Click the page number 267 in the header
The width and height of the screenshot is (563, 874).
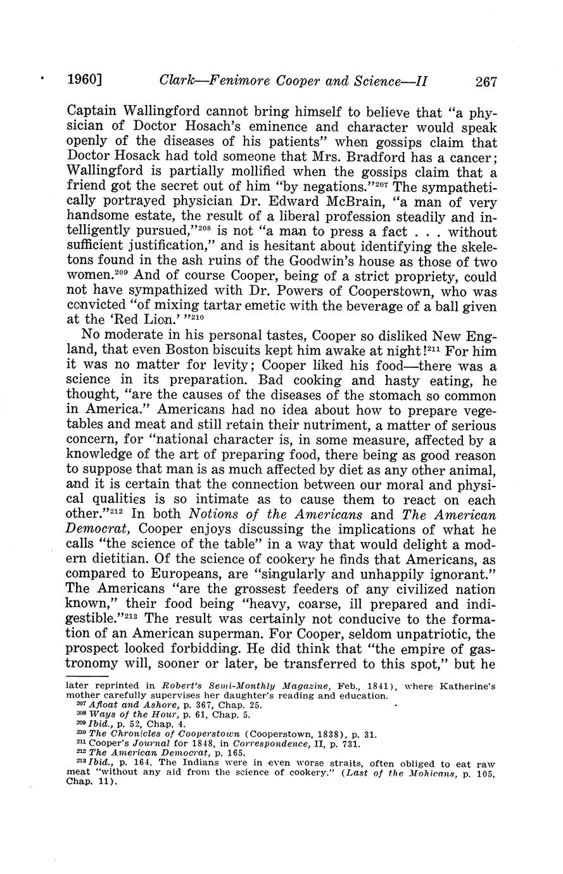click(485, 81)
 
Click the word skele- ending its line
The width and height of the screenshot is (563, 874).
click(473, 247)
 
